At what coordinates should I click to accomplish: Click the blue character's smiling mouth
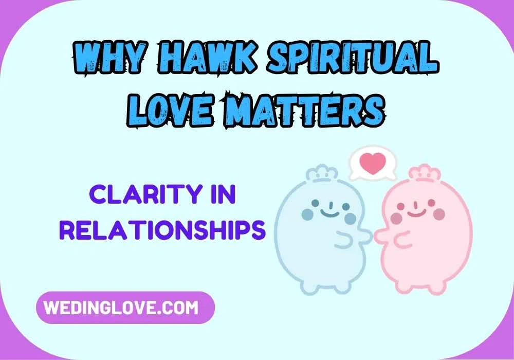click(x=326, y=211)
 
